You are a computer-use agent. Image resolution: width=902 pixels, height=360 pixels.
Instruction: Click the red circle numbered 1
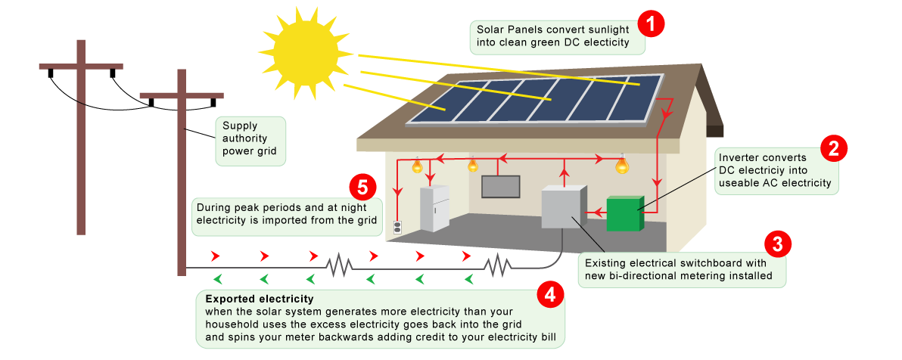[x=650, y=23]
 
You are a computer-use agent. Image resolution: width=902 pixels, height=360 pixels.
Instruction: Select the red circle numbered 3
[x=777, y=244]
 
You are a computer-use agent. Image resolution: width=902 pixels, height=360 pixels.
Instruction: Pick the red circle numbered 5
[x=362, y=186]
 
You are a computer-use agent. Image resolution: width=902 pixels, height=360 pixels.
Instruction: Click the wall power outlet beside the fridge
[x=397, y=226]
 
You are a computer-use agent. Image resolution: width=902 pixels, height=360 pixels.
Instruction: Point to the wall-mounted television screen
[x=500, y=186]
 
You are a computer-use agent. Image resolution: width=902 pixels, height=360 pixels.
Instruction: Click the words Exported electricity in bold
[x=259, y=299]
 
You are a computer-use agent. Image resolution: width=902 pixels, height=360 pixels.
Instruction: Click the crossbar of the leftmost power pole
[x=81, y=67]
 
